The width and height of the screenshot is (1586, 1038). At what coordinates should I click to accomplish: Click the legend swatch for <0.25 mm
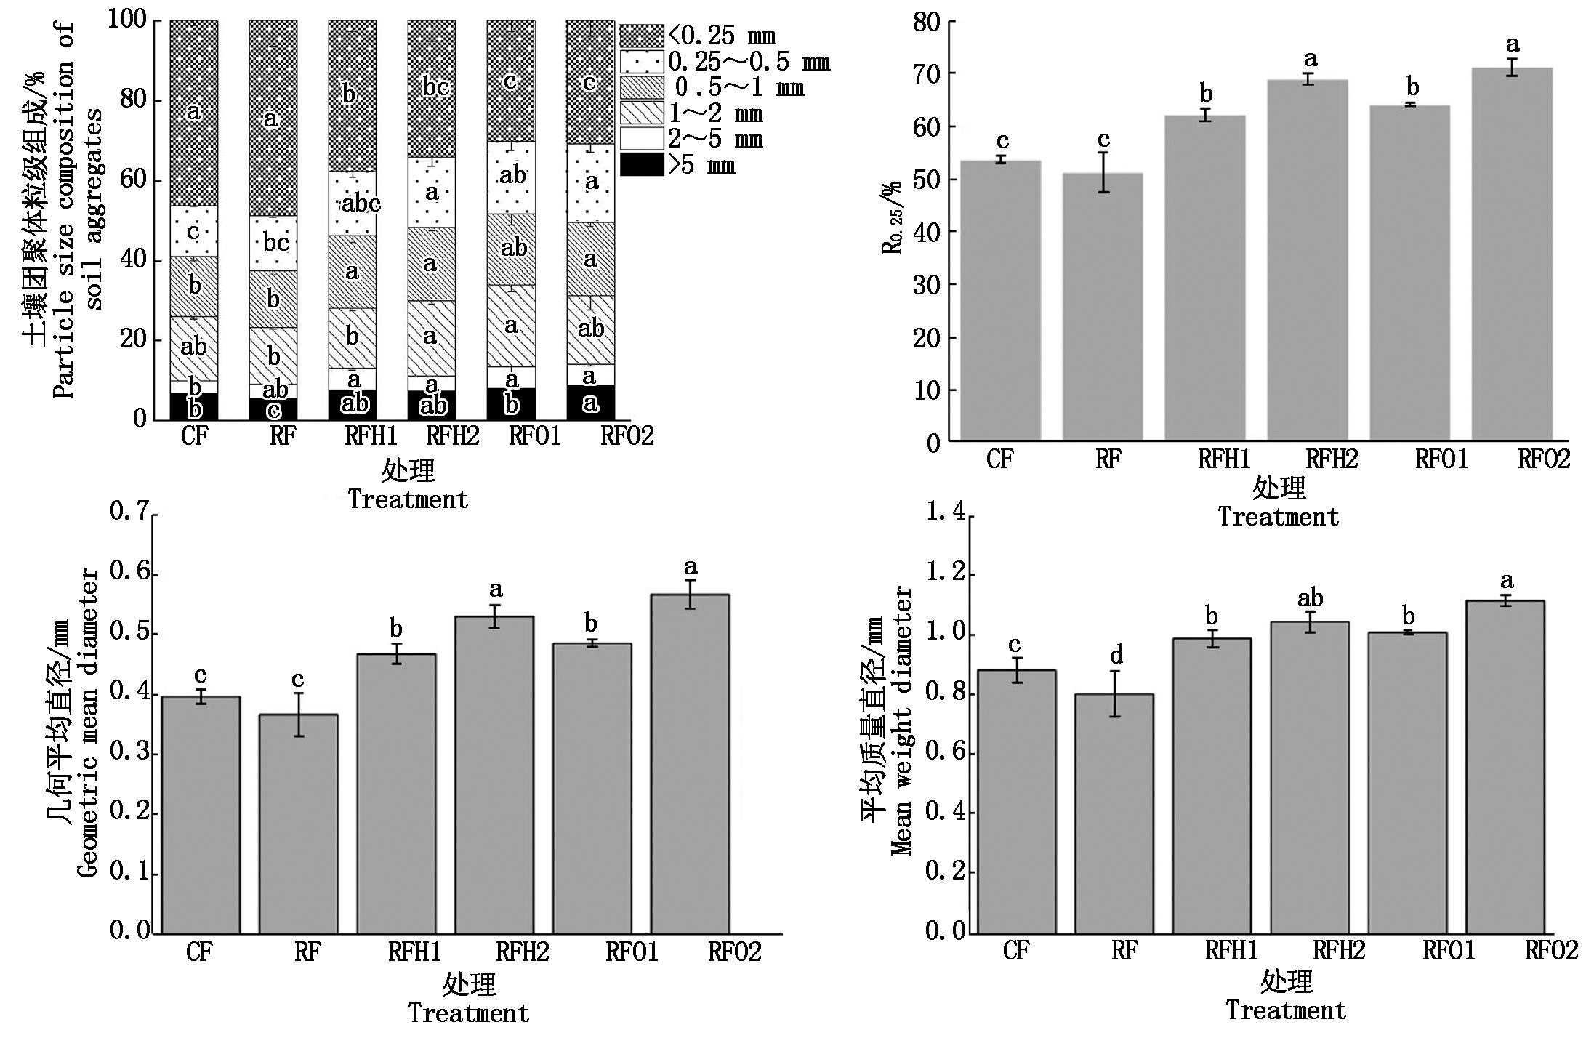tap(641, 36)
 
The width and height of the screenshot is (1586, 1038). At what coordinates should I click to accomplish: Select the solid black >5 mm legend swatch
tap(641, 165)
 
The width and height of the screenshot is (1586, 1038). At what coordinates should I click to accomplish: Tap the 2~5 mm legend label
tap(715, 139)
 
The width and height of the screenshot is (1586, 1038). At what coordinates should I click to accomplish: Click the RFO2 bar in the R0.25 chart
tap(1512, 254)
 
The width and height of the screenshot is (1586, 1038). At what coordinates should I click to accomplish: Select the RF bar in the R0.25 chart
tap(1103, 307)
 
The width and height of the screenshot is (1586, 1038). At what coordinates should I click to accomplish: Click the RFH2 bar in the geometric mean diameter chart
tap(494, 775)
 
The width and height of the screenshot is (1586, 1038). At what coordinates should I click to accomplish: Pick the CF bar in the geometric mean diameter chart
tap(201, 815)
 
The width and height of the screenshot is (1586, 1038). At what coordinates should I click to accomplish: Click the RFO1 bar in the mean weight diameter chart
tap(1407, 783)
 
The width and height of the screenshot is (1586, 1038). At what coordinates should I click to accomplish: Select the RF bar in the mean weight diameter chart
tap(1114, 813)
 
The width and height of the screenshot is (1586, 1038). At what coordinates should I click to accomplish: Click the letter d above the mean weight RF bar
tap(1116, 656)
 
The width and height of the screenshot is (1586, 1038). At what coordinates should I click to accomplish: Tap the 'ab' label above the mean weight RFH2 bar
tap(1310, 598)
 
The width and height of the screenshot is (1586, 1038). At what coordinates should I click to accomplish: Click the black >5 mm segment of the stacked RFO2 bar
tap(590, 402)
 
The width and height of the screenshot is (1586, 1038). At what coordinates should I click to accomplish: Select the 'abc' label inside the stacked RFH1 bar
tap(361, 204)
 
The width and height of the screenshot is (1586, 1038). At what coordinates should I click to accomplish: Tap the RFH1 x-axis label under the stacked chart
tap(371, 436)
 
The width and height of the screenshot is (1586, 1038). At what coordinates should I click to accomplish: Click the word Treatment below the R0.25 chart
tap(1279, 517)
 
